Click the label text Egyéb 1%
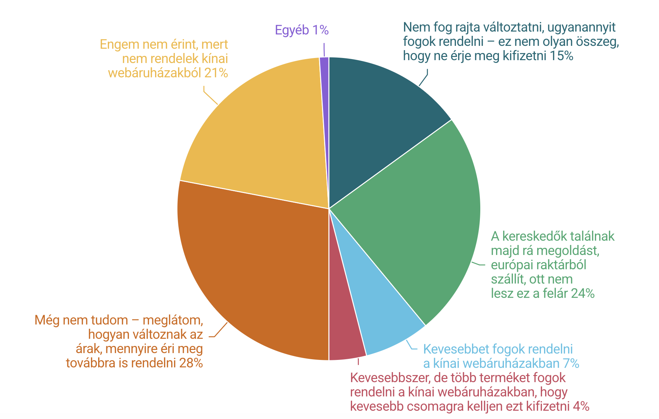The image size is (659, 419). [x=302, y=30]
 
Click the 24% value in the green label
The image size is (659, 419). [x=583, y=293]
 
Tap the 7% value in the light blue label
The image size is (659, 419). [x=571, y=363]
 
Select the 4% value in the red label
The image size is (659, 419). [x=581, y=406]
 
